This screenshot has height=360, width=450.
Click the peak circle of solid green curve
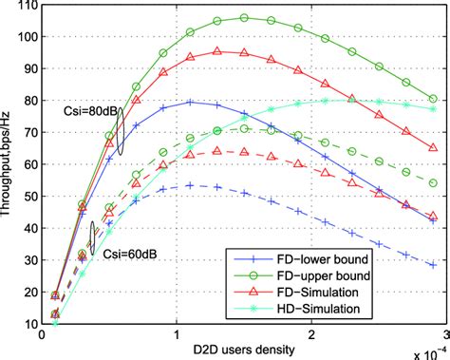pyautogui.click(x=244, y=17)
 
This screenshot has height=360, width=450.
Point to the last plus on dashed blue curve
pyautogui.click(x=433, y=265)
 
